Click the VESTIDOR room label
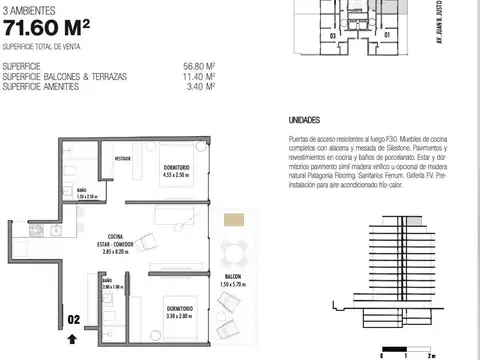tap(123, 158)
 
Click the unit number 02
tap(73, 319)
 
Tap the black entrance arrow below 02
tap(72, 338)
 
